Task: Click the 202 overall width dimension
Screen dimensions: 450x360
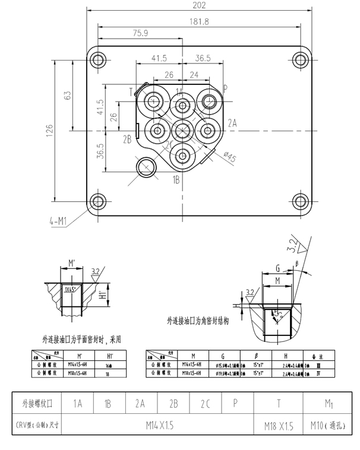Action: (x=200, y=5)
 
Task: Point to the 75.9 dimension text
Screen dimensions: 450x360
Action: (x=141, y=33)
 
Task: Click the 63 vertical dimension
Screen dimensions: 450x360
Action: (x=67, y=95)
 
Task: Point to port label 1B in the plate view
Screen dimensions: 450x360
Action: (x=176, y=178)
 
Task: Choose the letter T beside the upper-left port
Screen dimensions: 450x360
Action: (x=131, y=91)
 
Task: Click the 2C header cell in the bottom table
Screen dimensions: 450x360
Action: (x=205, y=404)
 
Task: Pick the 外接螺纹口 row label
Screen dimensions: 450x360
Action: (x=37, y=404)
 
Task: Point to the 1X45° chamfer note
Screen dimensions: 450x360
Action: (x=72, y=289)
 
